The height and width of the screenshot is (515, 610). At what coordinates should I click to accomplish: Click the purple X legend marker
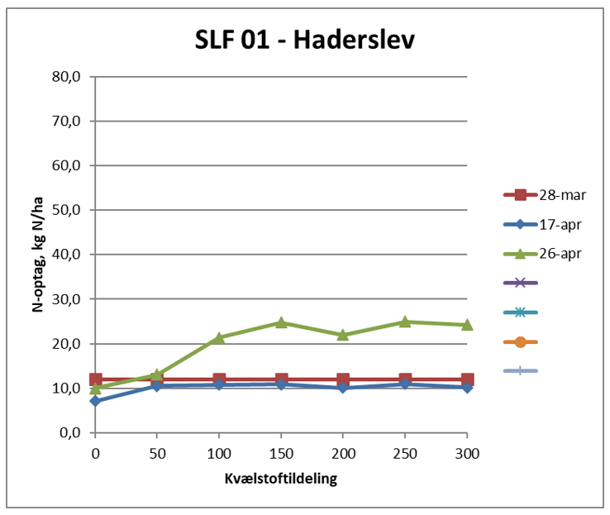(520, 283)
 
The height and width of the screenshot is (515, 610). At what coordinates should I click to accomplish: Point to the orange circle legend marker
(520, 341)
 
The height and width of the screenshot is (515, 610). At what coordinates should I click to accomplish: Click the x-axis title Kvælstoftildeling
(281, 479)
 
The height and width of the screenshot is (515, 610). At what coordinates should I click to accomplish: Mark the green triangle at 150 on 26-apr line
(281, 322)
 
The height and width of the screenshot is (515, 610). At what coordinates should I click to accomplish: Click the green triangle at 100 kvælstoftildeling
(219, 337)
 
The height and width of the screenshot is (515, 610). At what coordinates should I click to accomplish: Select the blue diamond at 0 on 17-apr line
(95, 401)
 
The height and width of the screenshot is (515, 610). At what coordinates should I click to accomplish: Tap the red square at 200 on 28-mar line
(343, 379)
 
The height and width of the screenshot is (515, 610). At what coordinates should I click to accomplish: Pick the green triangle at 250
(405, 322)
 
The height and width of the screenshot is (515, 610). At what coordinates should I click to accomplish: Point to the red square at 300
(467, 379)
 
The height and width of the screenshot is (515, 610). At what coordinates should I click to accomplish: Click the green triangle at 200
(343, 335)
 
